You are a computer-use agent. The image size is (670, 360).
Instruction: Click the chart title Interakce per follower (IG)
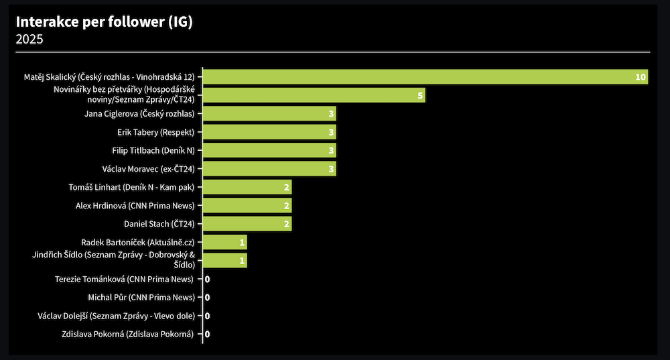tap(104, 22)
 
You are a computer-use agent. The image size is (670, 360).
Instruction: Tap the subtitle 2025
tap(29, 40)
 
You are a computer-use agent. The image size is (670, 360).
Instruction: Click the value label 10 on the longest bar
tap(641, 77)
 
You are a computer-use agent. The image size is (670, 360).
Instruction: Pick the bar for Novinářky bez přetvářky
tap(314, 95)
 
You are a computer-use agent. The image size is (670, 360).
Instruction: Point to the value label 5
tap(420, 95)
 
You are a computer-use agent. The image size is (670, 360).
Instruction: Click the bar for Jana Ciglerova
tap(269, 114)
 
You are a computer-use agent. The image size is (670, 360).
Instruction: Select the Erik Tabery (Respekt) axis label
tap(155, 132)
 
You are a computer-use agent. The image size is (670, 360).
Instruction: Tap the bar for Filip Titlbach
tap(269, 150)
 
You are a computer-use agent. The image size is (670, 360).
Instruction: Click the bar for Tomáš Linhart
tap(247, 187)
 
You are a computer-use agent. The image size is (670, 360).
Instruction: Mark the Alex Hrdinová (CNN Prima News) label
tap(135, 205)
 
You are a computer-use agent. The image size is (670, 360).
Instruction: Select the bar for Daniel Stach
tap(247, 224)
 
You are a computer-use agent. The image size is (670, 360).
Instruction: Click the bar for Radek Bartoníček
tap(224, 242)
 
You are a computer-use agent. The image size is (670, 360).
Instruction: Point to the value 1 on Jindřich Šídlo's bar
tap(242, 260)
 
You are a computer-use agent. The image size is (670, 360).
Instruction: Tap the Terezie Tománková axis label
tap(124, 279)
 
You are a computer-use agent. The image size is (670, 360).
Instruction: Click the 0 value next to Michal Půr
tap(208, 297)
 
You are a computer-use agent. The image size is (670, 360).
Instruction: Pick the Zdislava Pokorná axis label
tap(127, 334)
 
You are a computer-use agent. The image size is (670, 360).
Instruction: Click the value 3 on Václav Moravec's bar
tap(331, 169)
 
